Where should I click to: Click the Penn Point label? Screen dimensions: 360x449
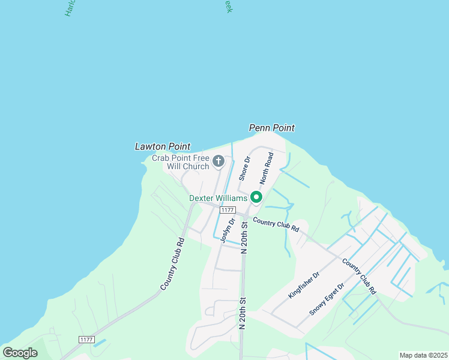pos(272,128)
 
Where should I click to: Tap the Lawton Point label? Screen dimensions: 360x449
pos(162,146)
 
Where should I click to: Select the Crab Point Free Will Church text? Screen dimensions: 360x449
pos(180,162)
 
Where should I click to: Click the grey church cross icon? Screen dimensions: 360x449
pos(218,161)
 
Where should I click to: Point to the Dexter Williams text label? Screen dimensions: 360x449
pos(217,197)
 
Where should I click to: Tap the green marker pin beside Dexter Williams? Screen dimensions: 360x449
pos(256,197)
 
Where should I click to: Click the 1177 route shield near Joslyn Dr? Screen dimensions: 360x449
pos(227,210)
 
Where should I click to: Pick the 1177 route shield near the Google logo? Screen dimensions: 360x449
pos(86,340)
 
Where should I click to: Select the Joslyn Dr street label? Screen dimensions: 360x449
pos(224,230)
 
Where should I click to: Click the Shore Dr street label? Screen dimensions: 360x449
pos(244,169)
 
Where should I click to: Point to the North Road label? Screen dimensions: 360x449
pos(267,169)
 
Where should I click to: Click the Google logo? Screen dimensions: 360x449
pos(20,353)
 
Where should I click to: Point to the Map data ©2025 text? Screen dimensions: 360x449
pos(423,355)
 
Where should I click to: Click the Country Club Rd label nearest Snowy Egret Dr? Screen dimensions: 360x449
pos(359,276)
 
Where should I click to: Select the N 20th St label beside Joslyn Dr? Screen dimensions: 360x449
pos(244,237)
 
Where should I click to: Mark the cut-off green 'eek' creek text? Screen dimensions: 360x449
pos(228,6)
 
